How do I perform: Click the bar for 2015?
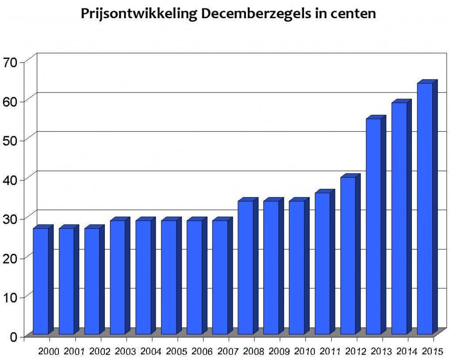click(425, 208)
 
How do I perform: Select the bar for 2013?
click(373, 226)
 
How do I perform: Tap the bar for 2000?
click(41, 281)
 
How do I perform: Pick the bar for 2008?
click(246, 267)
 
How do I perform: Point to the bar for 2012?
click(348, 255)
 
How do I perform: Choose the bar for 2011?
click(322, 263)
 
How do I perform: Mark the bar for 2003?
click(117, 277)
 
